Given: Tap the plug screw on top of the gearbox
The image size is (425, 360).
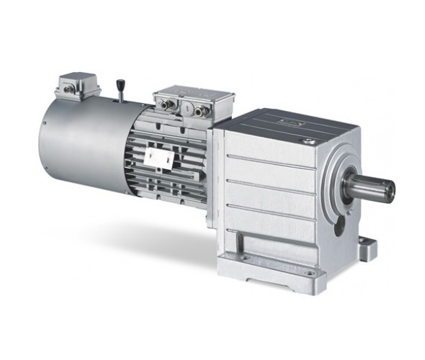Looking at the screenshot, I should pyautogui.click(x=309, y=141).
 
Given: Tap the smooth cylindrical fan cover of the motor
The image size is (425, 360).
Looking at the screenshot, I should pyautogui.click(x=79, y=144).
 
